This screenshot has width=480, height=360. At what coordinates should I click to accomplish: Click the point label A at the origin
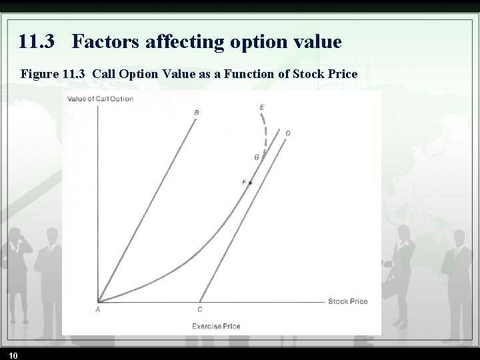97,309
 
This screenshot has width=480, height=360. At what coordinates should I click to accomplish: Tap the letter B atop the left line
196,113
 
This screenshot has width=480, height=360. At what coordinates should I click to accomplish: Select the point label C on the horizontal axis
200,309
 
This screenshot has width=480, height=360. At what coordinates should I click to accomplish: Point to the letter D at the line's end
287,133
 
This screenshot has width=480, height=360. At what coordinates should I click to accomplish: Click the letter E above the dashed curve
261,107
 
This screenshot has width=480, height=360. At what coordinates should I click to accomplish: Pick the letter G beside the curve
257,157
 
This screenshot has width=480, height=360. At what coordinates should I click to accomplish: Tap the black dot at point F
251,183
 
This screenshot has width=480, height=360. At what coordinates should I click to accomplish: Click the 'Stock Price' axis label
347,301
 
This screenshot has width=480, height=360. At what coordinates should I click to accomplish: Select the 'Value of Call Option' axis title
99,99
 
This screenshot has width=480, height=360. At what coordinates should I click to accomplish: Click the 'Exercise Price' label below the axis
216,326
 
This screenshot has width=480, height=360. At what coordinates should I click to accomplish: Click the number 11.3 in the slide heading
37,43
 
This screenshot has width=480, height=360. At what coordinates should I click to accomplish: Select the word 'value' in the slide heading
317,43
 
